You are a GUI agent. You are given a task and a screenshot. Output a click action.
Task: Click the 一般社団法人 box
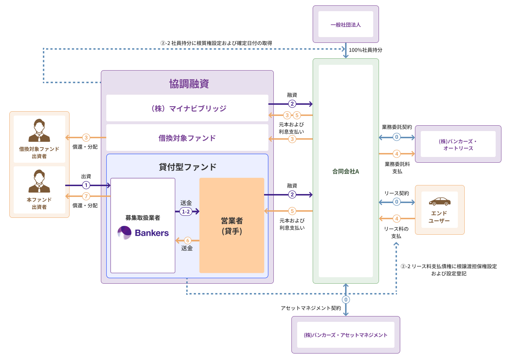coord(345,24)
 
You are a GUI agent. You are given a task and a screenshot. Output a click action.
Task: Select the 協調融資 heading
coord(189,84)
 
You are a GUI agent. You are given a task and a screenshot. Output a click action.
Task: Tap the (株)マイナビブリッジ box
coord(187,108)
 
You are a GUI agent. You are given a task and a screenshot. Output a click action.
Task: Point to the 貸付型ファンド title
coord(187,167)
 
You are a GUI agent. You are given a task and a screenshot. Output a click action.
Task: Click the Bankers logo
coord(143,233)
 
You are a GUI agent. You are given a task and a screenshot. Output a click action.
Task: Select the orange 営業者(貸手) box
coord(232,225)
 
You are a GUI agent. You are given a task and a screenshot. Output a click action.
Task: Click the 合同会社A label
coord(345,171)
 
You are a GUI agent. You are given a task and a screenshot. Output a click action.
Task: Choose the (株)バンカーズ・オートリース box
coord(458,144)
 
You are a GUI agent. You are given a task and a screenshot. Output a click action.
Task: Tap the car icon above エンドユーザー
coord(439,201)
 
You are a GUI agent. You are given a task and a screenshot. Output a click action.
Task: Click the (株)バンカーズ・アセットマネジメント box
coord(345,335)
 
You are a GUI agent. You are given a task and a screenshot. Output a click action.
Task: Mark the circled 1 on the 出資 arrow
coord(86,185)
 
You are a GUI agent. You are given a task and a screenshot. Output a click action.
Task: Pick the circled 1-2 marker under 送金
coord(186,212)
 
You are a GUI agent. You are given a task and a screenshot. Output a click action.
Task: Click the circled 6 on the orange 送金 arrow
coord(187,240)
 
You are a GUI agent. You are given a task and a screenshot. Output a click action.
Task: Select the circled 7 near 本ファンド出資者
coord(86,196)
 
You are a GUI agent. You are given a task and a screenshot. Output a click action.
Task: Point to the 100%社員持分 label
coord(365,50)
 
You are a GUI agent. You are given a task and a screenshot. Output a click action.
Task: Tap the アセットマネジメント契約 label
coord(311,308)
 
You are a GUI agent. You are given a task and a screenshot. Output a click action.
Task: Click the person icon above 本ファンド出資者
coord(39,181)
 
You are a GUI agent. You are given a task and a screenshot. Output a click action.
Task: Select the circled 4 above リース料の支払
coord(397,219)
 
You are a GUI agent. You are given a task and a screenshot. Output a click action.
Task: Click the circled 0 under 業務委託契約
coord(397,137)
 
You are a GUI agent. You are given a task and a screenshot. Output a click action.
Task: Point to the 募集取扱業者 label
coord(143,218)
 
